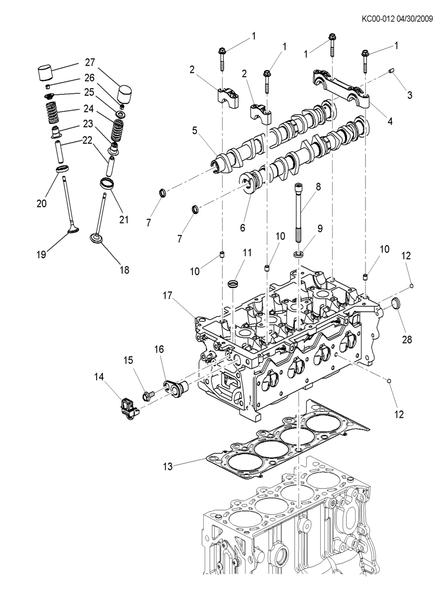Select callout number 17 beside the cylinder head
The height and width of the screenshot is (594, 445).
[x=168, y=296]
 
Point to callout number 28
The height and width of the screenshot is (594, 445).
[x=407, y=339]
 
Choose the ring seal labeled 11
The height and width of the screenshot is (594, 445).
[x=232, y=284]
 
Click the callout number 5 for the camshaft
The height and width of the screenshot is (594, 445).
[x=195, y=131]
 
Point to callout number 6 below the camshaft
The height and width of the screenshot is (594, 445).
[x=243, y=227]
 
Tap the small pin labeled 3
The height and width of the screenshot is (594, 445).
[x=390, y=71]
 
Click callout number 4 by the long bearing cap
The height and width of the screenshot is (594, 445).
[x=390, y=121]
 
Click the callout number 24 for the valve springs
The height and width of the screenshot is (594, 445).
[x=88, y=109]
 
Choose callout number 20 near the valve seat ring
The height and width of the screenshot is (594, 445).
[x=41, y=203]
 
